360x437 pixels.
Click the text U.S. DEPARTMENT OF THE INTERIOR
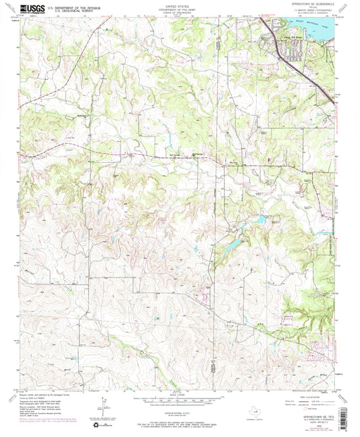pos(78,6)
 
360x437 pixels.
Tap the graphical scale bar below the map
pos(179,401)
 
